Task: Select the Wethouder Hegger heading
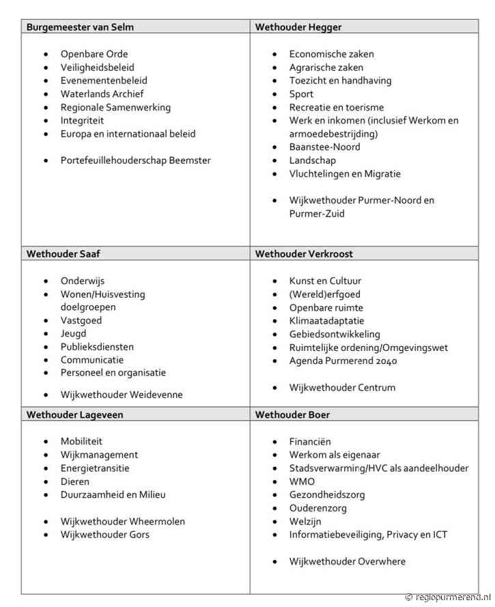point(298,27)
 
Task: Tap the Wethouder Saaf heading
point(63,254)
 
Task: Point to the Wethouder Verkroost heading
point(304,254)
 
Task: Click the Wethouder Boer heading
point(293,414)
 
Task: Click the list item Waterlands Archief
point(102,94)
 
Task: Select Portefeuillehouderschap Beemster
point(135,160)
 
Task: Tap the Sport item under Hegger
point(301,94)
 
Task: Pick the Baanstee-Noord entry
point(324,147)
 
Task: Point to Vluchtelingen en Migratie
point(345,173)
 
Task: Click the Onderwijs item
point(83,281)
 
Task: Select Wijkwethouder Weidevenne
point(122,394)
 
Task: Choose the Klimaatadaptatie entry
point(326,320)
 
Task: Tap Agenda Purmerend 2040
point(343,361)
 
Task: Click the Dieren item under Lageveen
point(74,481)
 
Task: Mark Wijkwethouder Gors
point(104,534)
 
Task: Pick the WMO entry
point(302,481)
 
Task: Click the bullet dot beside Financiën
point(274,442)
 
